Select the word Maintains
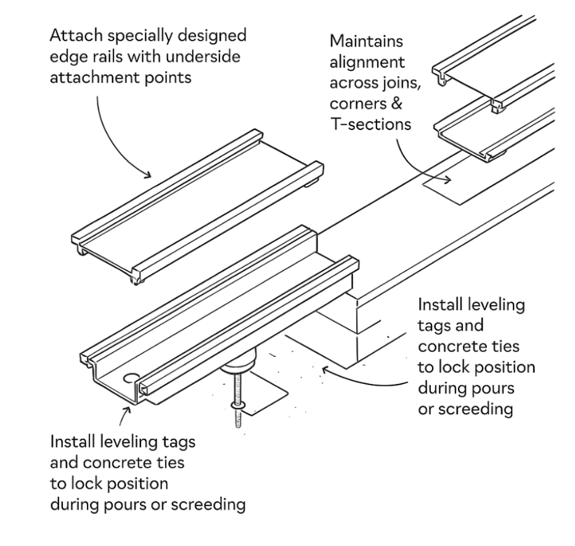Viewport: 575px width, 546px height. pyautogui.click(x=367, y=42)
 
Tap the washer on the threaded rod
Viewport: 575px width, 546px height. pyautogui.click(x=237, y=404)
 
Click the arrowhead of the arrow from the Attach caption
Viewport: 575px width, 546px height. pyautogui.click(x=148, y=175)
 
